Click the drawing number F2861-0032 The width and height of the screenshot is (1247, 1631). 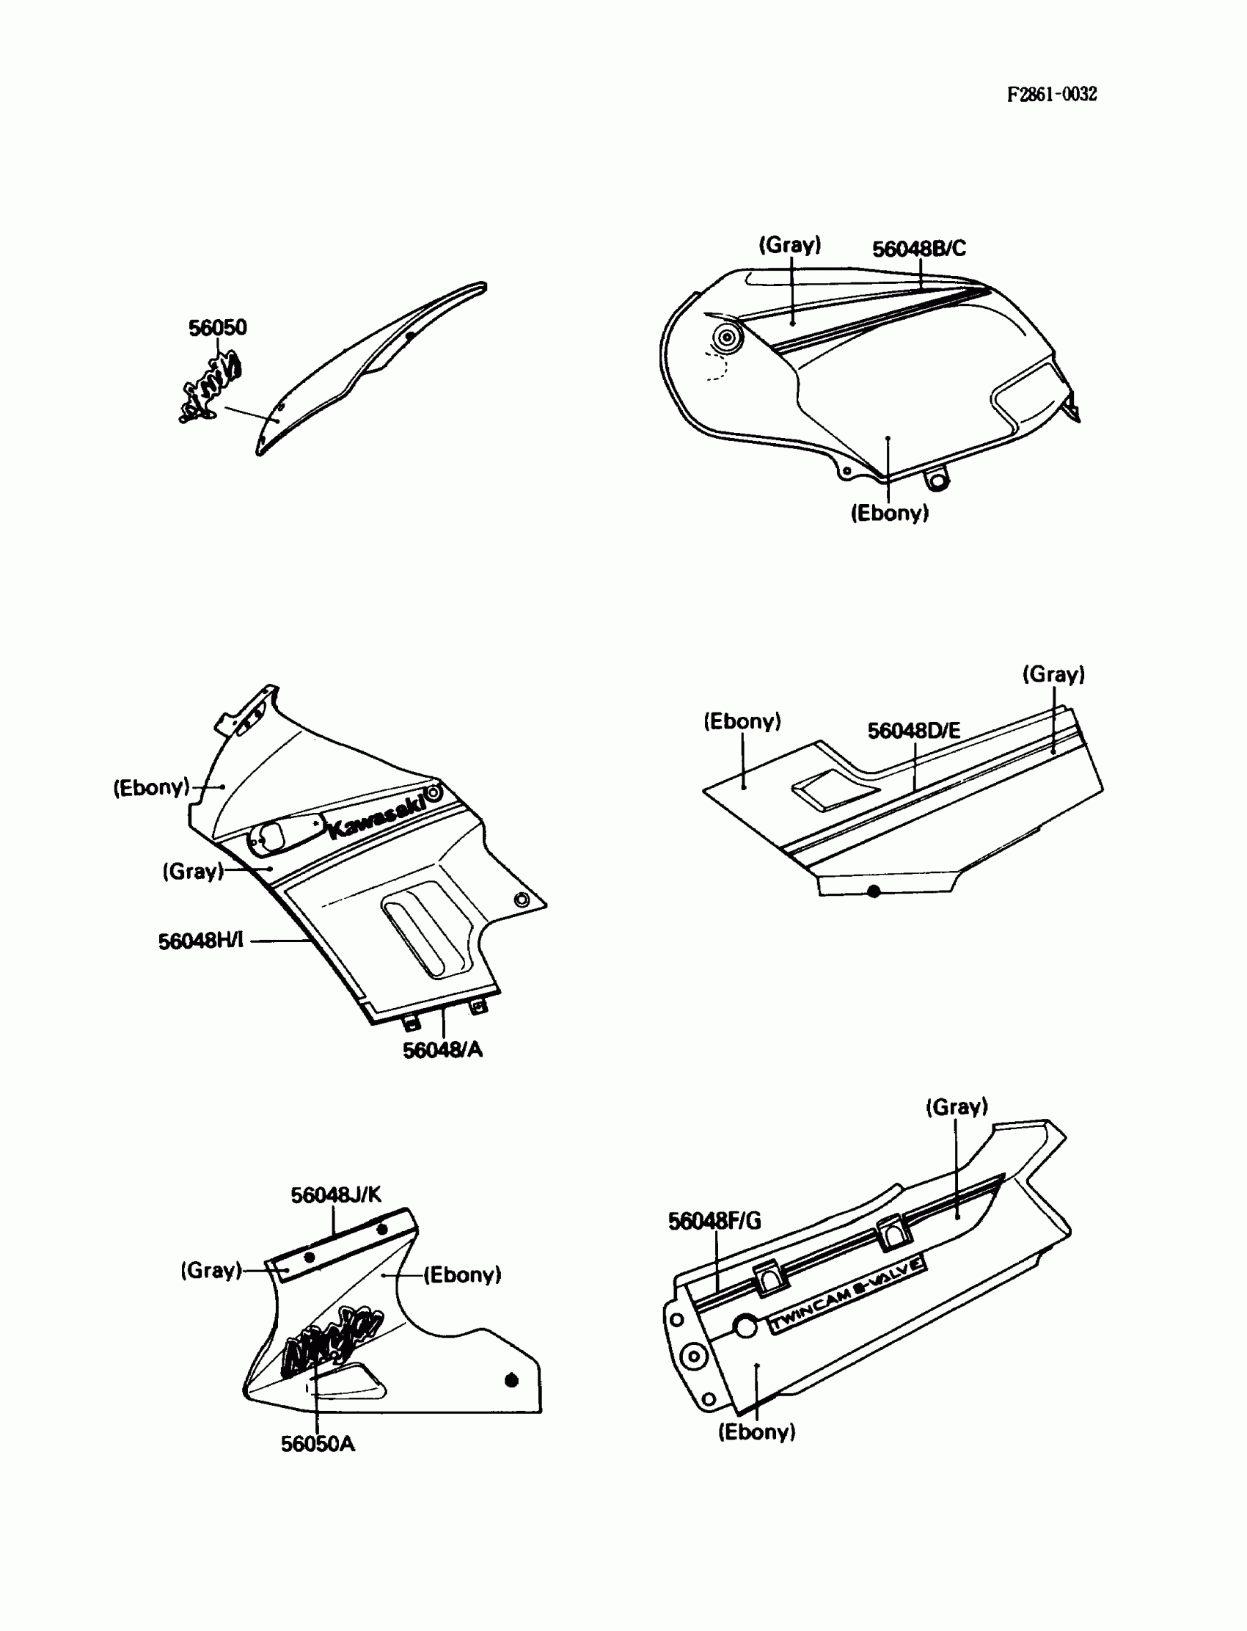tap(1051, 95)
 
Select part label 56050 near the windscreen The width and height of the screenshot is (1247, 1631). tap(216, 327)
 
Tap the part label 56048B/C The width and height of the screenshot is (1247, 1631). tap(919, 249)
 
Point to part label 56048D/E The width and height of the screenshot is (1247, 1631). tap(914, 731)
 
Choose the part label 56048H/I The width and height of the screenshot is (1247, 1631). tap(200, 941)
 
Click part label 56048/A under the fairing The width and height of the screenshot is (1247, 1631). tap(442, 1050)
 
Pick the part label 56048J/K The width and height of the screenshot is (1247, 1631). tap(335, 1194)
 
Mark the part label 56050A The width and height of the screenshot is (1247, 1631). tap(318, 1444)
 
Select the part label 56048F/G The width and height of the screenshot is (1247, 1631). tap(714, 1220)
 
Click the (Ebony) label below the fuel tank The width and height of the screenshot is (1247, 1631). tap(889, 513)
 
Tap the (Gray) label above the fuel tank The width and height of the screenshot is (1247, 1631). tap(790, 245)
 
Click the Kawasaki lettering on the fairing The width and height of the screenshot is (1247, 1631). tap(376, 815)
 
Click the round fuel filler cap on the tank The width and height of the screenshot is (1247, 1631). tap(728, 337)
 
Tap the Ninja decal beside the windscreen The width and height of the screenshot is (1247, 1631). tap(212, 386)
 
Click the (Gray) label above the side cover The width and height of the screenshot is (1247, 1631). tap(1053, 674)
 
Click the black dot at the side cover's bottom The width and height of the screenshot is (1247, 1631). tap(874, 891)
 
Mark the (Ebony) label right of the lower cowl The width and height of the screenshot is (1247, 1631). tap(462, 1274)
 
